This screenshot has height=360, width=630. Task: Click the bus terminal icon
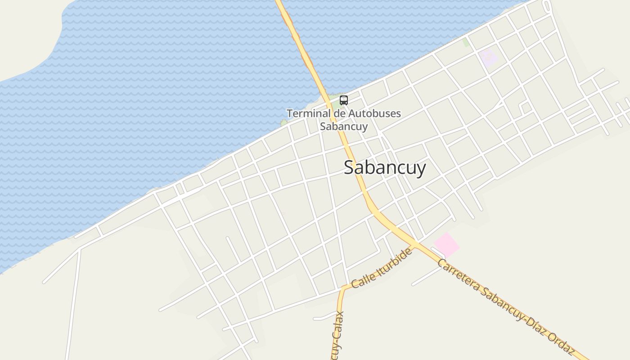click(x=344, y=100)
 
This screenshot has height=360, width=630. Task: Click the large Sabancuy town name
click(x=385, y=168)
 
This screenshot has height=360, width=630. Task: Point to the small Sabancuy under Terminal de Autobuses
click(x=344, y=126)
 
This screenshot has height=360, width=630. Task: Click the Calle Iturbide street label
click(x=382, y=268)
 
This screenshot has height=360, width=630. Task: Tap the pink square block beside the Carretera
click(x=446, y=245)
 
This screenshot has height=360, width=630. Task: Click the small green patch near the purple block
click(x=466, y=43)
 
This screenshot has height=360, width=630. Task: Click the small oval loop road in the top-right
click(x=547, y=7)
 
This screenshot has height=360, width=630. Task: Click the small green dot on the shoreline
click(x=284, y=122)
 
